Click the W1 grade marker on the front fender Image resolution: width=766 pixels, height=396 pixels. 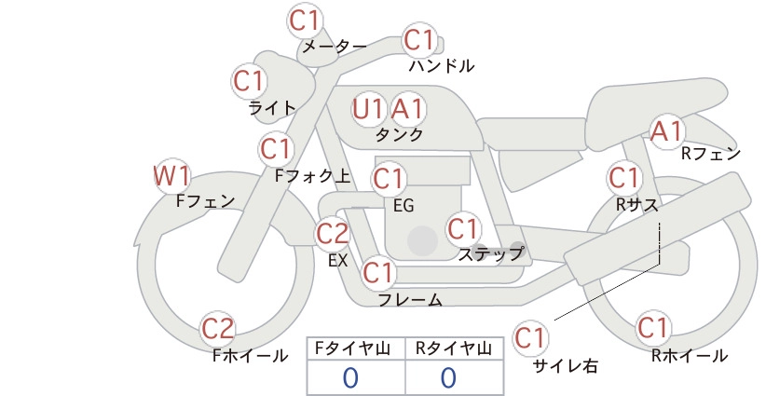click(171, 176)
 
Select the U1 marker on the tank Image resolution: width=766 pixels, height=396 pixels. click(368, 109)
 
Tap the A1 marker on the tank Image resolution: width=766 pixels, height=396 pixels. click(407, 109)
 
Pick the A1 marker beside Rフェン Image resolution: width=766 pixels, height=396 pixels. click(666, 131)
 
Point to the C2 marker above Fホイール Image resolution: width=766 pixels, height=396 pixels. click(218, 329)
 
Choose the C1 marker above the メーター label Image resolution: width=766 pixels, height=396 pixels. click(304, 20)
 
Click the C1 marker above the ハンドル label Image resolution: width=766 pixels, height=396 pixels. click(419, 40)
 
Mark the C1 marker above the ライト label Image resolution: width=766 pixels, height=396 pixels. click(249, 81)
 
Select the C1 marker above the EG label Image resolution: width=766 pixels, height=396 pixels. click(389, 179)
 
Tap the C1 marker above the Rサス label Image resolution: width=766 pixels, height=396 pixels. click(623, 177)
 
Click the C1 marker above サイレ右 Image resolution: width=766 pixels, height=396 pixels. click(530, 337)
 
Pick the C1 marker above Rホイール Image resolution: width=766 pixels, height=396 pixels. click(652, 328)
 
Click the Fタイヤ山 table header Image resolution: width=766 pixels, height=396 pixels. click(352, 348)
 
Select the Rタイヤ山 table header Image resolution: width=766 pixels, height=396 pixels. click(454, 348)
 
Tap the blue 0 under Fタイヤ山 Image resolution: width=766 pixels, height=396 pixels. click(350, 378)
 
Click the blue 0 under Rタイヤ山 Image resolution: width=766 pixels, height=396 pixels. click(448, 378)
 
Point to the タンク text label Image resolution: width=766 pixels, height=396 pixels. click(399, 134)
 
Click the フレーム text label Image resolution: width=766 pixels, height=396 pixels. click(410, 300)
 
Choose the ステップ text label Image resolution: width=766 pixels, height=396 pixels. click(491, 254)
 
